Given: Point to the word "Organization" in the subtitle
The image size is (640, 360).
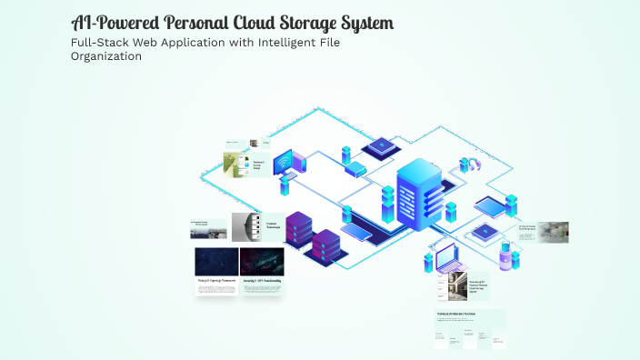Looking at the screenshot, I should pos(105,56).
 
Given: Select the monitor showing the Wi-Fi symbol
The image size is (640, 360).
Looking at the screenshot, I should pos(290,164).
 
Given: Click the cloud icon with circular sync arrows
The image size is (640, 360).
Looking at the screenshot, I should pos(471,164).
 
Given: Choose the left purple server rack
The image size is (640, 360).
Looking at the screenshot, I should pos(299,231).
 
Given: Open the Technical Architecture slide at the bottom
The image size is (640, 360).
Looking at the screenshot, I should pos(470,328).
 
